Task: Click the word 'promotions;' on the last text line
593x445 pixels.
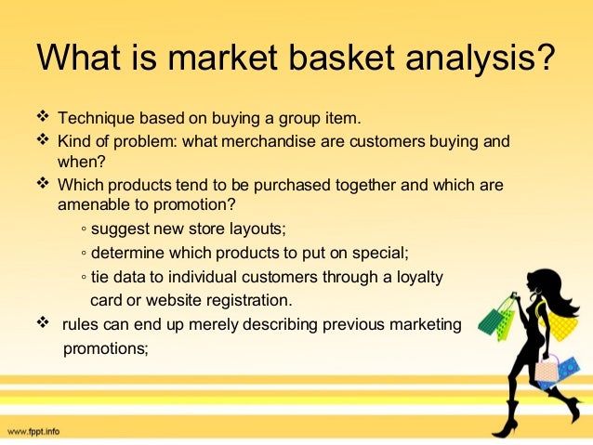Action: click(x=104, y=348)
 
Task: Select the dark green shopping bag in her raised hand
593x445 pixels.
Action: click(x=492, y=321)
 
